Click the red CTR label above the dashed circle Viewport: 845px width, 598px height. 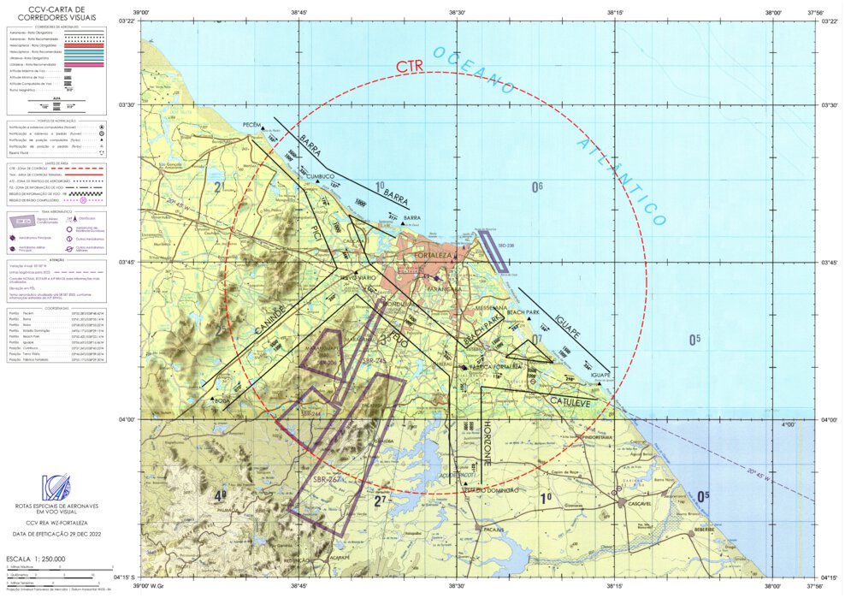411,66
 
